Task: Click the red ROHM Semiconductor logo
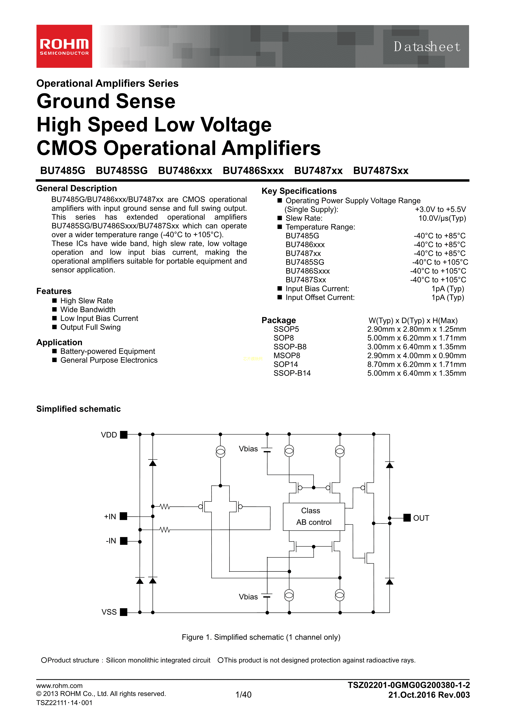64,46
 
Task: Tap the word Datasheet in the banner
427,47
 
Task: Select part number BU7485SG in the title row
122,171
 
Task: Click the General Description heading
77,188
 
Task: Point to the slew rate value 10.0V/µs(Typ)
442,218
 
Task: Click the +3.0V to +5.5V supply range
440,209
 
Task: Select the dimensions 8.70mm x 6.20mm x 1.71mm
416,364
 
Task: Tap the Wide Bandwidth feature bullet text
88,309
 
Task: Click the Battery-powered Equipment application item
108,351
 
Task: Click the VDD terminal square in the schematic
124,435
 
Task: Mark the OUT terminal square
407,518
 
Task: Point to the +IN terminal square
124,516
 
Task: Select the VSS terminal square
124,612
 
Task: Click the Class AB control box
314,516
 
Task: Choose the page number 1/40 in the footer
243,695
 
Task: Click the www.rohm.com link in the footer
59,685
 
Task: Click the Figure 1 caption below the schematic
261,637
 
